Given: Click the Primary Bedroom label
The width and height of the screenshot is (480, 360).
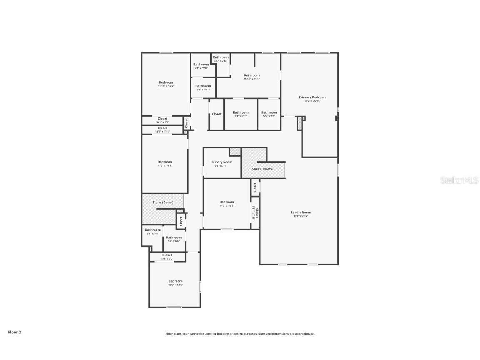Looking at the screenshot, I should click(312, 97).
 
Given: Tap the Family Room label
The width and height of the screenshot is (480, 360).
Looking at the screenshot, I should click(300, 212).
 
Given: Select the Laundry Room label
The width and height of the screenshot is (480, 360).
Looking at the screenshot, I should click(221, 162).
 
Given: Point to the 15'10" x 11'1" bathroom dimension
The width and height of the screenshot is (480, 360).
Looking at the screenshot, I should click(252, 79).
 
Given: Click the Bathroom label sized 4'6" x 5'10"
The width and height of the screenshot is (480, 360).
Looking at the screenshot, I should click(221, 57).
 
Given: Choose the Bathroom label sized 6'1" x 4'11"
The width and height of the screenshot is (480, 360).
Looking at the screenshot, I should click(203, 86).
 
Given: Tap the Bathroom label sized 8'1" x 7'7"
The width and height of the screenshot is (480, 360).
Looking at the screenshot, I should click(240, 112).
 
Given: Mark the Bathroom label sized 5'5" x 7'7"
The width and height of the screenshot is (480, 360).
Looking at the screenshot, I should click(269, 112).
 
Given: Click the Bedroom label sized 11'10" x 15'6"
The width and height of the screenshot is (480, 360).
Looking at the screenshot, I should click(166, 82).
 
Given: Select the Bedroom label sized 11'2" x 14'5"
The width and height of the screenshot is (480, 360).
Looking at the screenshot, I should click(165, 162).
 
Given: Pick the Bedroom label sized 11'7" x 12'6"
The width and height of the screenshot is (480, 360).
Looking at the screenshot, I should click(227, 202).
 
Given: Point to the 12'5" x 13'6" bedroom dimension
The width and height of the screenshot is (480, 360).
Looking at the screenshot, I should click(175, 285).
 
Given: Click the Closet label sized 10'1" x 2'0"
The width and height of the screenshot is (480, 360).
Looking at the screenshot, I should click(162, 119).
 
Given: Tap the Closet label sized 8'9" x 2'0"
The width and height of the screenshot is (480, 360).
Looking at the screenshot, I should click(167, 255).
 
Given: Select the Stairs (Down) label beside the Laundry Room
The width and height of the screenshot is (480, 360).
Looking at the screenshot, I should click(262, 169).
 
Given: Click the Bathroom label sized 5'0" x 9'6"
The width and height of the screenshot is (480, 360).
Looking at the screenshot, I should click(153, 230).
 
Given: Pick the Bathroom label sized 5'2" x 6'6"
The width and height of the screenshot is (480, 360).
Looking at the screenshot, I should click(174, 237).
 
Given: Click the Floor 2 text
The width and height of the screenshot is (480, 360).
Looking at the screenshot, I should click(14, 332).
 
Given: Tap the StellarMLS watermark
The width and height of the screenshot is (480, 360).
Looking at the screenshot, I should click(460, 180).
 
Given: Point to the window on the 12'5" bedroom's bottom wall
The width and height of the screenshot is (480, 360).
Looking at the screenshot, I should click(174, 307).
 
